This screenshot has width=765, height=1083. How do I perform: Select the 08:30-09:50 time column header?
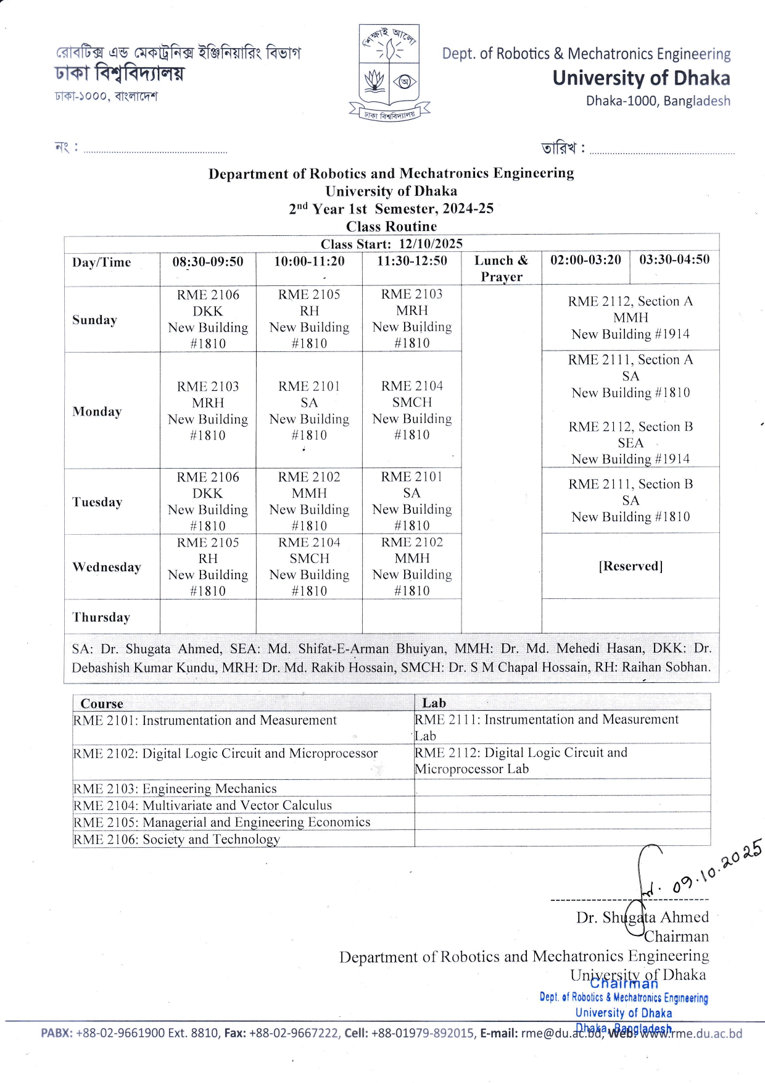coord(208,262)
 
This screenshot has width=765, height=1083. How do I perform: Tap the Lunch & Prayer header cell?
coord(501,269)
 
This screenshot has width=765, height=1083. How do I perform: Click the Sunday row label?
coord(94,320)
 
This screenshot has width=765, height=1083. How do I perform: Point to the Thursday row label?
coord(101,617)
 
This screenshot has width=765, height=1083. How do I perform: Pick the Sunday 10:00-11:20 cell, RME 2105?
coord(309,319)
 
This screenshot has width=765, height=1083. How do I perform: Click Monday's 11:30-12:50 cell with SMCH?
coord(411,410)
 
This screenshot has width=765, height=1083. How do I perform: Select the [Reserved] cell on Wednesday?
coord(631,566)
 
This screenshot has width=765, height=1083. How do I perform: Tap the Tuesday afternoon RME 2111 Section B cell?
coord(631,500)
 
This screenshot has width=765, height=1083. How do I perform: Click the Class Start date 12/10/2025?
coord(431,244)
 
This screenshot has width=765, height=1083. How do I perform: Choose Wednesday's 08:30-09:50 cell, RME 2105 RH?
coord(208,566)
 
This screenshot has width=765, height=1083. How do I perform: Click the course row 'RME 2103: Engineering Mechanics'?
coord(175,788)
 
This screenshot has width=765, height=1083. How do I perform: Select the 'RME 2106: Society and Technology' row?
coord(176,839)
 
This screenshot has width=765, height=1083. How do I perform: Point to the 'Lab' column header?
coord(434,703)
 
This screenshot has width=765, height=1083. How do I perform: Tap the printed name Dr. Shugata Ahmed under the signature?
coord(642,918)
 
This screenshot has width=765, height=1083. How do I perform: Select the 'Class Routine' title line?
coord(391,227)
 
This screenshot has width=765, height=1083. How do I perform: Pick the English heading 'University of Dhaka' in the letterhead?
coord(641,78)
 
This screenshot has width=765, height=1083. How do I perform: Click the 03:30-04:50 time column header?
coord(674,260)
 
